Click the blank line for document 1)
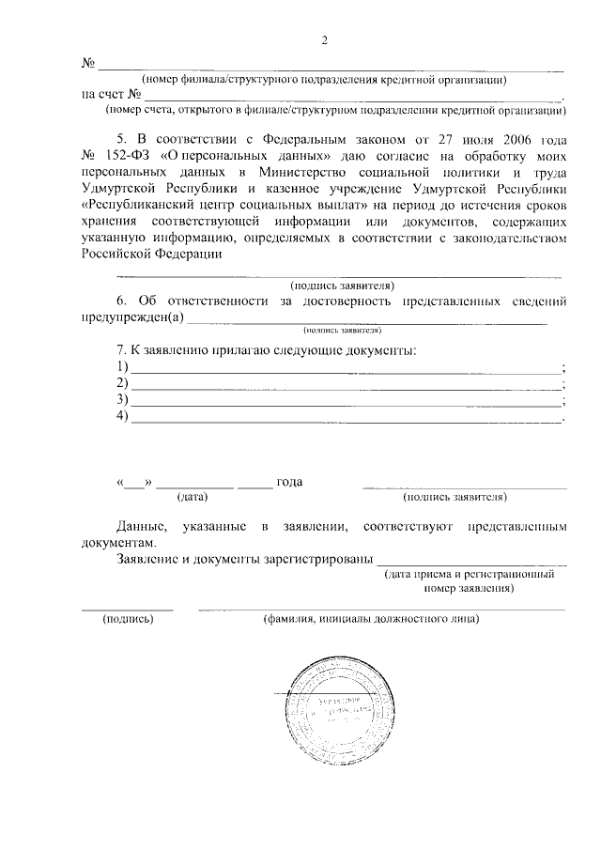tap(345, 367)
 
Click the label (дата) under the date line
tap(193, 497)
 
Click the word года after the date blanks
tap(289, 483)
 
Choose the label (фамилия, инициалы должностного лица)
tap(372, 620)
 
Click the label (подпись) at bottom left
tap(128, 620)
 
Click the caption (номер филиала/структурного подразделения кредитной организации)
tap(324, 81)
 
